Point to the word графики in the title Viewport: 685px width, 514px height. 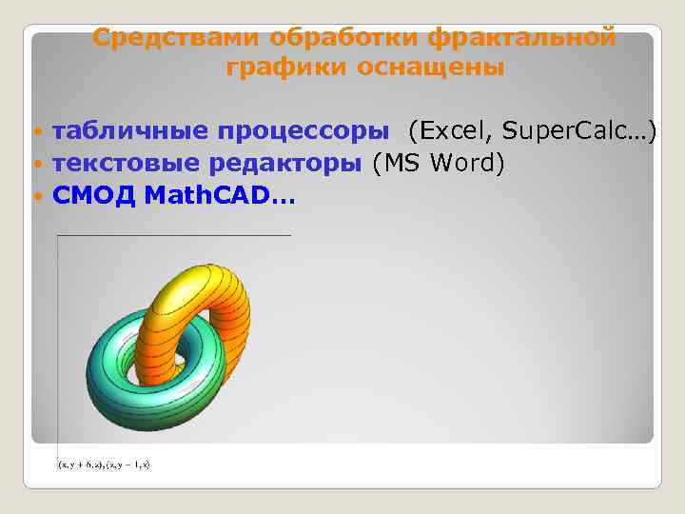coord(287,68)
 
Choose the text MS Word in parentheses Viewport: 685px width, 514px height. coord(439,163)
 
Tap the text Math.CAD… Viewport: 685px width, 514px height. coord(220,196)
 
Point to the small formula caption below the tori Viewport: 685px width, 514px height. coord(104,465)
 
